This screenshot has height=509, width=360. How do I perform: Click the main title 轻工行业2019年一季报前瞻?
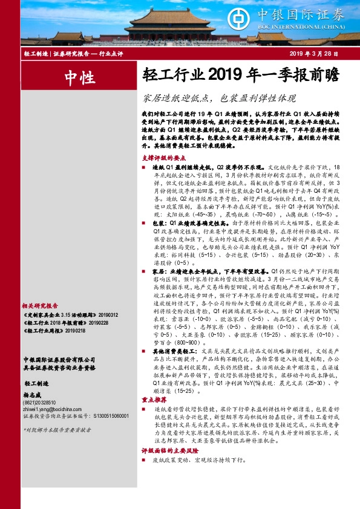241,76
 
